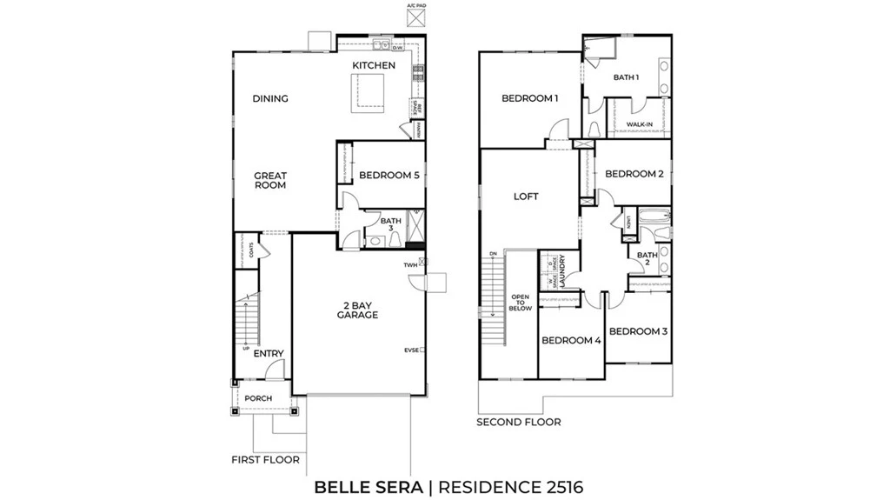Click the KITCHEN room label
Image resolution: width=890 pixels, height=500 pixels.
[x=374, y=65]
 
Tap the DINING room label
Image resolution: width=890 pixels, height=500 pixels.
[x=270, y=99]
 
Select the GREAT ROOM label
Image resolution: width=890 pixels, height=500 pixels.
[x=270, y=180]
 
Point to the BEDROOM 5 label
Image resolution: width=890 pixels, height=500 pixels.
[x=389, y=176]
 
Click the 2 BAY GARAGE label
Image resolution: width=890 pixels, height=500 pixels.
[x=357, y=310]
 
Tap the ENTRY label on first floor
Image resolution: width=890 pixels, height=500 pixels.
[x=269, y=354]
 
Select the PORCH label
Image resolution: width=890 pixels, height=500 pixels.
[x=257, y=399]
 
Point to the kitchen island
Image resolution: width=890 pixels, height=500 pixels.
[x=368, y=91]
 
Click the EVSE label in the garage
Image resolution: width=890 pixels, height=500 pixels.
[x=411, y=350]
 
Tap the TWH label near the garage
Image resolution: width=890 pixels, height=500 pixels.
[x=410, y=265]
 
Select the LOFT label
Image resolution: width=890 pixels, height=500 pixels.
[x=526, y=197]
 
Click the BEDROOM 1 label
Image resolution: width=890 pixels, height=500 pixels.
[x=530, y=98]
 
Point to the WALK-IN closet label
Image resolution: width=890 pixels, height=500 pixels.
[x=640, y=125]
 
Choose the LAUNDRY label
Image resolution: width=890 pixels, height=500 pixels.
[x=563, y=270]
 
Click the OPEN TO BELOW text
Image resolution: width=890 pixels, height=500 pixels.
[x=521, y=302]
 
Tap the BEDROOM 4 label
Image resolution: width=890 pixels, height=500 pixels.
[x=571, y=341]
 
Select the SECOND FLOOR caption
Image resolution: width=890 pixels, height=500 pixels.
[x=518, y=423]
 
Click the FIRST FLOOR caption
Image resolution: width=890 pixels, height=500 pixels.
[x=265, y=459]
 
